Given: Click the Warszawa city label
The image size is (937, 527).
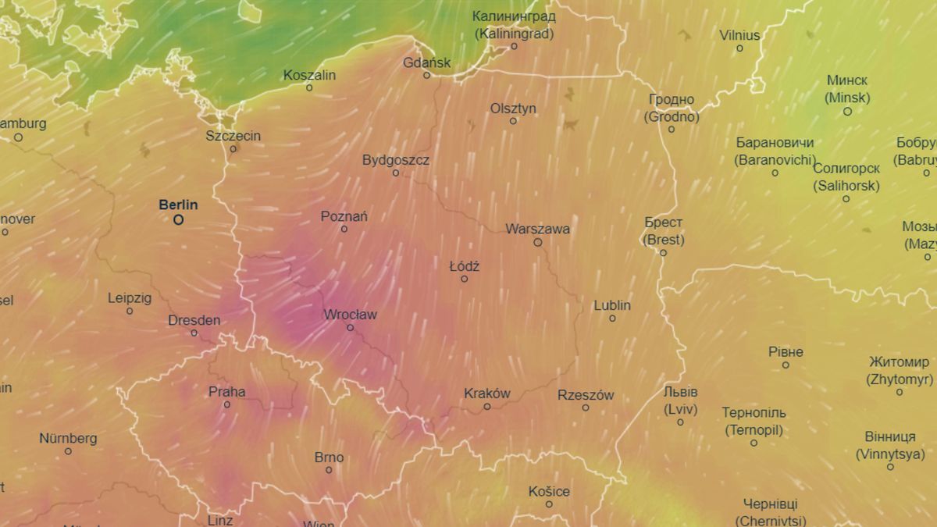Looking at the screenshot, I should point(537,230).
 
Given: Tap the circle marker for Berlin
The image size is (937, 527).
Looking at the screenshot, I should point(178,220).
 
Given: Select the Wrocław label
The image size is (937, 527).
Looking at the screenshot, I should point(351,315).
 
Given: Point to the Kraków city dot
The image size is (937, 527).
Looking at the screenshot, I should point(487,406).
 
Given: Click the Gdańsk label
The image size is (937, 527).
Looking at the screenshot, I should point(427,62).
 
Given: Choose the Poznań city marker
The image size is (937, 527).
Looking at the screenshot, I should point(344,229).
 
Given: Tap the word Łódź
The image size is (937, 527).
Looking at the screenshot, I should point(465,266).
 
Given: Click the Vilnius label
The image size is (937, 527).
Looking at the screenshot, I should point(739,35).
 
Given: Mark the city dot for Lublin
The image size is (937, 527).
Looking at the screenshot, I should point(612,318).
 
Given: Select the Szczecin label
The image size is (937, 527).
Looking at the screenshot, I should point(233,136).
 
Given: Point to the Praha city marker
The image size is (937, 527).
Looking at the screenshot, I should point(227,404).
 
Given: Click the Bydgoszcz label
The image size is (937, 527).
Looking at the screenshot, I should point(396,160).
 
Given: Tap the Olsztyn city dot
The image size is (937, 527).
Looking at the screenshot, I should point(513,121).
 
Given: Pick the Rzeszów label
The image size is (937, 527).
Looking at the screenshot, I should point(586,395).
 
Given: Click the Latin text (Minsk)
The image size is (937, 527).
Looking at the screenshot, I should point(847,98).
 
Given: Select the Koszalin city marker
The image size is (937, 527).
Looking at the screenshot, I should point(309,87).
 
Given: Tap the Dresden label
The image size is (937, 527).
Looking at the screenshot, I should point(194,320).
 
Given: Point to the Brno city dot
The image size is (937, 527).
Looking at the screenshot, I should point(329,469).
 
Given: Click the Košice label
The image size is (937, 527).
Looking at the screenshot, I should point(549,492).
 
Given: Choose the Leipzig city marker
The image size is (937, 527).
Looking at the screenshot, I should point(130,311).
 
